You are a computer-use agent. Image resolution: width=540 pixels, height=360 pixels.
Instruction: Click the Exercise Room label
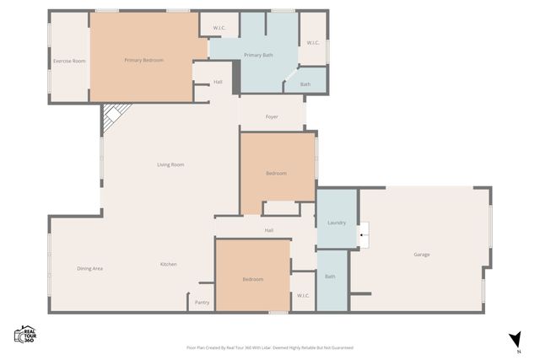tap(69, 61)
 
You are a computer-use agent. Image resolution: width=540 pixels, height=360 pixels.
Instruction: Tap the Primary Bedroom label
tap(143, 60)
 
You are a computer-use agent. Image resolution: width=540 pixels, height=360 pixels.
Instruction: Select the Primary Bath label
tap(258, 55)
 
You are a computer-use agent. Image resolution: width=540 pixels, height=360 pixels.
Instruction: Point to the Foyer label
tap(272, 116)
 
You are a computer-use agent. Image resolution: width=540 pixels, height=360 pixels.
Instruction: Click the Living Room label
tap(170, 164)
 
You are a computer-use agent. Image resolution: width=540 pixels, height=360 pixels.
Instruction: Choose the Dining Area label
tap(89, 268)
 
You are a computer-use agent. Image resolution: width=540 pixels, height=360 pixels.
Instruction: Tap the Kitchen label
tap(169, 265)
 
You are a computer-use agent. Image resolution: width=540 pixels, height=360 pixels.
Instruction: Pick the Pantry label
tap(202, 302)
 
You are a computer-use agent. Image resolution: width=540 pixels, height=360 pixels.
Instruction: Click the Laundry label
tap(337, 222)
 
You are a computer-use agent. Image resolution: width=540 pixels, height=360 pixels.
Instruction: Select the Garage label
tap(422, 255)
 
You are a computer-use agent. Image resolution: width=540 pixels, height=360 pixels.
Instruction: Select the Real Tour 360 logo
tap(24, 334)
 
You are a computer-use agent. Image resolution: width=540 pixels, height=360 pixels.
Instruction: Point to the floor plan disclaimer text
tap(269, 347)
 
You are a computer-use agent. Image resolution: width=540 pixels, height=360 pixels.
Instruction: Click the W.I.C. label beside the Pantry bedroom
tap(304, 295)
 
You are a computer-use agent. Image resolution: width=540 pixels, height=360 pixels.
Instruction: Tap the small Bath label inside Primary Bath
tap(305, 83)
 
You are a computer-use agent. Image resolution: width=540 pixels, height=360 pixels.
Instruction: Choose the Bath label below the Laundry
tap(330, 277)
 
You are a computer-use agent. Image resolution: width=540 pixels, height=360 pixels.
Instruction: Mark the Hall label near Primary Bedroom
tap(218, 82)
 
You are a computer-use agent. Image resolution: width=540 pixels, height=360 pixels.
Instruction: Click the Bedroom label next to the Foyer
tap(276, 173)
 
